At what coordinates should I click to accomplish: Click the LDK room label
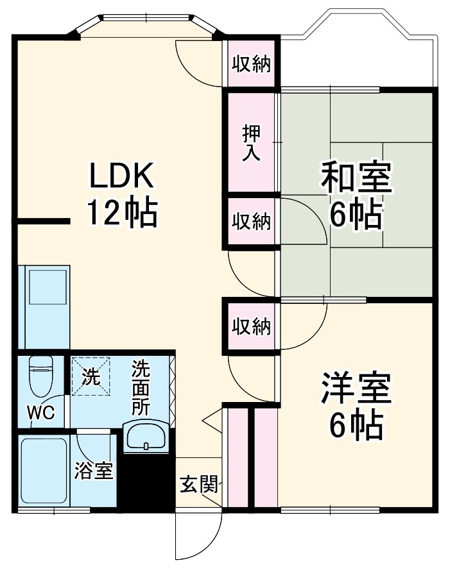click(x=122, y=176)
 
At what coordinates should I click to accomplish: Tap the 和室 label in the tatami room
click(x=356, y=178)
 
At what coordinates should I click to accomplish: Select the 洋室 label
click(x=356, y=388)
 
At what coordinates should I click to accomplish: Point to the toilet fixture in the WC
click(x=41, y=376)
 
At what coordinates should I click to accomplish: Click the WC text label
click(x=41, y=413)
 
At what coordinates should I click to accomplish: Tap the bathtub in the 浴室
click(x=44, y=471)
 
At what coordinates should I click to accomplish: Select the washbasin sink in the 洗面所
click(x=146, y=436)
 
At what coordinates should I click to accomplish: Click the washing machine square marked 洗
click(x=91, y=376)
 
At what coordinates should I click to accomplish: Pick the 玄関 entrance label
click(x=199, y=484)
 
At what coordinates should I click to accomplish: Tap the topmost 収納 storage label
click(x=252, y=64)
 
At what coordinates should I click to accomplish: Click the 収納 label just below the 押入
click(x=252, y=221)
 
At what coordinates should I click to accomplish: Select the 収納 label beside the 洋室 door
click(x=252, y=326)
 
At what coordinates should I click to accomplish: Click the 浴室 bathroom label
click(x=94, y=471)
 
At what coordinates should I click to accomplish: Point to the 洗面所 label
click(x=141, y=387)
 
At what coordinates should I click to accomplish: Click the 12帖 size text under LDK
click(x=122, y=214)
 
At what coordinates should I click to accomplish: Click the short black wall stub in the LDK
click(x=41, y=221)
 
